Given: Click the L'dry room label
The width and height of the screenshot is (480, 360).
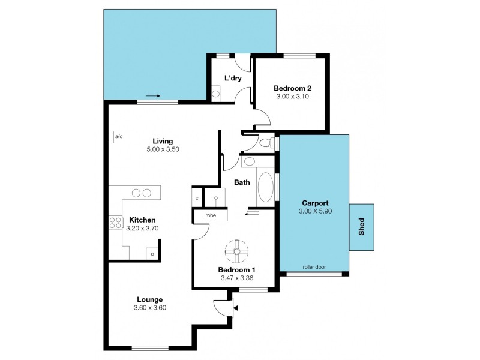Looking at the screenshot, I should pos(233,78).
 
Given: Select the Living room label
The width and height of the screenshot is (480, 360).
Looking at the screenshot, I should pos(163,141).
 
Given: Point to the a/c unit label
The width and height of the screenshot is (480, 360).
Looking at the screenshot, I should pos(119,137).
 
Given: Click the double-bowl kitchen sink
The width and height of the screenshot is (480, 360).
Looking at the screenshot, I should pos(142,193).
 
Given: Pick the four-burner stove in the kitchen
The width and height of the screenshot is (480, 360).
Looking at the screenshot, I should pos(113,223).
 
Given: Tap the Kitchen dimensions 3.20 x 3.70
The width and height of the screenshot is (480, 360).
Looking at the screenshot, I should pos(142,228).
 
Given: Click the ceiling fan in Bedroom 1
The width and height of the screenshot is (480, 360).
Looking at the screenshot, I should pos(236,251).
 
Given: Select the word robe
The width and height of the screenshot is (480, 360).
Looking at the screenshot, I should pos(210,215).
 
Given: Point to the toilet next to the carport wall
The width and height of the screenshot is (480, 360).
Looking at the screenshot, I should pos(266,143).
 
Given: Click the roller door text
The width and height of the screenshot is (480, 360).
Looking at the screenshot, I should pos(314,267).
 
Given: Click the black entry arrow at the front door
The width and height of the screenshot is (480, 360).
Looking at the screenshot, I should pos(235,308).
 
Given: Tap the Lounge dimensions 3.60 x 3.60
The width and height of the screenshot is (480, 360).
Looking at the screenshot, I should pos(150,308).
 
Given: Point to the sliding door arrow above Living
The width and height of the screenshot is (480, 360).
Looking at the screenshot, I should pos(153,95).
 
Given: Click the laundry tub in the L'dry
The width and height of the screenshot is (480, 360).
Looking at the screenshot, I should pos(216,92).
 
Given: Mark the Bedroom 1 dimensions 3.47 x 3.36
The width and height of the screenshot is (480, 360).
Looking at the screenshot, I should pos(236,278).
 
